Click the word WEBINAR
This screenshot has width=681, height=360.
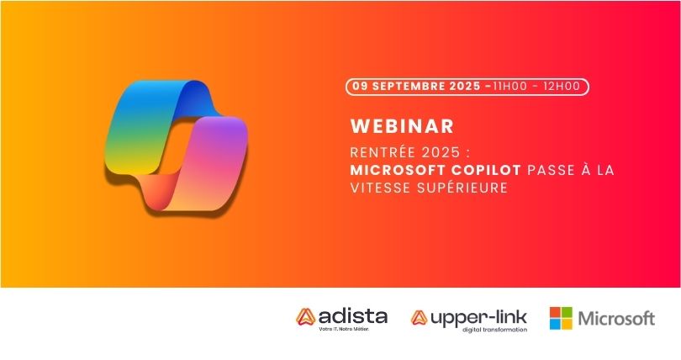pyautogui.click(x=402, y=126)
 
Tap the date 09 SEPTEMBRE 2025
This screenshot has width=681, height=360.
pyautogui.click(x=416, y=86)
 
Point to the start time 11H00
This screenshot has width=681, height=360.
pyautogui.click(x=509, y=86)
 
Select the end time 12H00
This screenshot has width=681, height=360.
pyautogui.click(x=562, y=86)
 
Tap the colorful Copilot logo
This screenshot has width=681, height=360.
pyautogui.click(x=176, y=148)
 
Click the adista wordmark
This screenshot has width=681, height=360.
pyautogui.click(x=352, y=316)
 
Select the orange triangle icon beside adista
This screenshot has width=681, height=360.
pyautogui.click(x=306, y=317)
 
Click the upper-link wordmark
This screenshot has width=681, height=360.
pyautogui.click(x=478, y=318)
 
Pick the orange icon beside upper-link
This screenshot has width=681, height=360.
pyautogui.click(x=420, y=317)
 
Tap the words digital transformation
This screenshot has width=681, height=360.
pyautogui.click(x=494, y=330)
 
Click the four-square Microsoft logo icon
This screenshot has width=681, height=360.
pyautogui.click(x=561, y=318)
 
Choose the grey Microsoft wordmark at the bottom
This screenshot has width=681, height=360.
pyautogui.click(x=617, y=319)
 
